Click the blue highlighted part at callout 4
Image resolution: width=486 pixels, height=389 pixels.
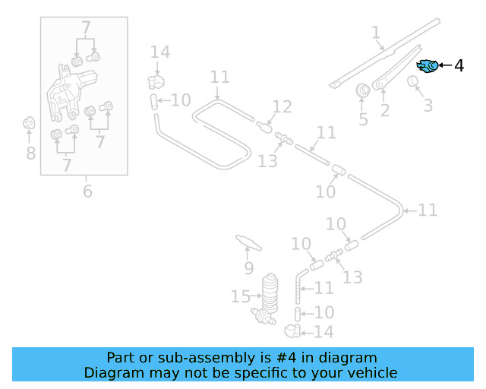click(x=428, y=66)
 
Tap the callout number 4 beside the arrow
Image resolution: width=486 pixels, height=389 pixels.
click(x=459, y=66)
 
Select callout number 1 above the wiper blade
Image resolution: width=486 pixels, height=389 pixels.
click(x=375, y=32)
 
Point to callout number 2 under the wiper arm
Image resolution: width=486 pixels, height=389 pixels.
click(x=384, y=112)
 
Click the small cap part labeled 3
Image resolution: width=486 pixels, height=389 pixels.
click(x=415, y=81)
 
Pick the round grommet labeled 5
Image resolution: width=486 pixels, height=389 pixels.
click(x=363, y=90)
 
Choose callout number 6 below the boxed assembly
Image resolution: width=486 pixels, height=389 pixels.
click(x=87, y=191)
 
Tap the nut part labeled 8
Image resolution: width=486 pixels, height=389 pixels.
click(x=30, y=122)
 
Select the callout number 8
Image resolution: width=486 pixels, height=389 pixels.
click(x=30, y=153)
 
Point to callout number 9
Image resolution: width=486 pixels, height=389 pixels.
click(x=248, y=268)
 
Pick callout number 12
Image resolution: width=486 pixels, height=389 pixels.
click(x=282, y=106)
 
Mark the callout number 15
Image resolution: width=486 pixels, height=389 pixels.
click(x=241, y=296)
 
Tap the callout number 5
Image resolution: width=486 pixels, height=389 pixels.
click(x=363, y=119)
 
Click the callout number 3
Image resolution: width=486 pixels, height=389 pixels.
click(x=428, y=106)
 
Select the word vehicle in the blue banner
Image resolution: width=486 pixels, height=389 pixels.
click(x=371, y=373)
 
